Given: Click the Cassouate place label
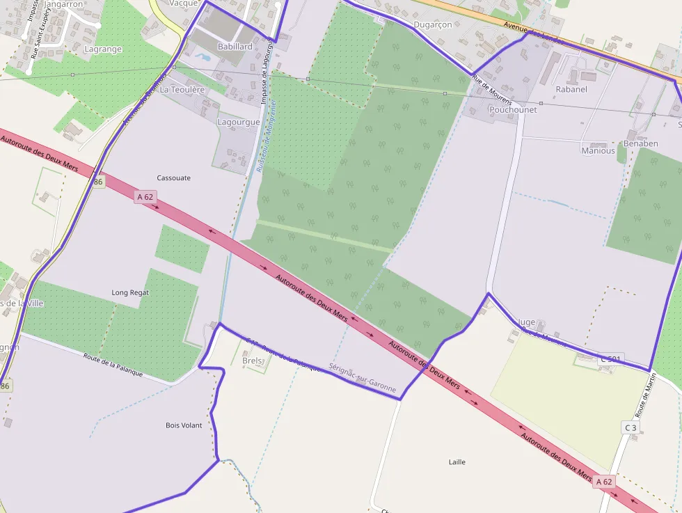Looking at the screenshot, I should (x=173, y=178).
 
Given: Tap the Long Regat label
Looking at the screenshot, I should (x=130, y=293).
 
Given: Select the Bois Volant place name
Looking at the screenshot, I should (x=184, y=425).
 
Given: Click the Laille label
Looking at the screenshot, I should (x=457, y=462).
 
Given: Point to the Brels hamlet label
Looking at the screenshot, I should (x=252, y=361).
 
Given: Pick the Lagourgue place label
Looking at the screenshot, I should (x=239, y=123).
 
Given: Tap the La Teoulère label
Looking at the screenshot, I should (x=182, y=90).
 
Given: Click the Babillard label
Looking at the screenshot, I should (x=235, y=47).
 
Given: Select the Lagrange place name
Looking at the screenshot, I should (x=102, y=49).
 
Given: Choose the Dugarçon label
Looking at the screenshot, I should (x=433, y=25).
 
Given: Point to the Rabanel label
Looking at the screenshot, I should (x=571, y=89).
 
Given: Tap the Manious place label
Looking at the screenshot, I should (x=598, y=151).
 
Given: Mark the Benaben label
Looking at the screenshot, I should (x=640, y=144).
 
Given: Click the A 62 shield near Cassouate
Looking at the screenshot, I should (x=145, y=197).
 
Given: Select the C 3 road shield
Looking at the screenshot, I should (x=631, y=427).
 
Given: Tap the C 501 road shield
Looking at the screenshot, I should (x=611, y=359).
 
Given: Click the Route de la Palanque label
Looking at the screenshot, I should (x=113, y=365).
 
